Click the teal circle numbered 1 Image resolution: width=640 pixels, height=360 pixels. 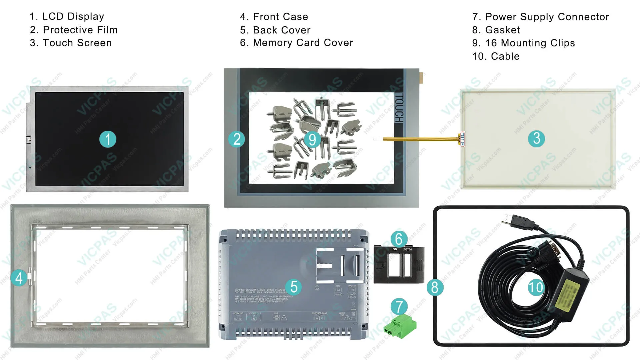pyautogui.click(x=108, y=139)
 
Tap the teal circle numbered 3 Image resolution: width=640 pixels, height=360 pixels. pyautogui.click(x=536, y=138)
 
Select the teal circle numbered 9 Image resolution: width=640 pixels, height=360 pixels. pyautogui.click(x=312, y=139)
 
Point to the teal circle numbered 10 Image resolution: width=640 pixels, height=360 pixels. pyautogui.click(x=536, y=287)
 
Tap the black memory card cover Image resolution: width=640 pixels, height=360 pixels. pyautogui.click(x=399, y=265)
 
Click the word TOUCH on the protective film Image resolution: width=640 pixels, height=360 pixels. pyautogui.click(x=399, y=108)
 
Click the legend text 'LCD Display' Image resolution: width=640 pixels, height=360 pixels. pyautogui.click(x=73, y=16)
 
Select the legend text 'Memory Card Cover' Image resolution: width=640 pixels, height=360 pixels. pyautogui.click(x=303, y=43)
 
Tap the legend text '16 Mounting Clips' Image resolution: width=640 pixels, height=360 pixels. pyautogui.click(x=530, y=43)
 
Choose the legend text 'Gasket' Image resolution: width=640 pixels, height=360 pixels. pyautogui.click(x=502, y=30)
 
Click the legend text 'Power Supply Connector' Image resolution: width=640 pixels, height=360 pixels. pyautogui.click(x=547, y=17)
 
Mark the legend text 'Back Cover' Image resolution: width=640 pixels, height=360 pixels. pyautogui.click(x=281, y=30)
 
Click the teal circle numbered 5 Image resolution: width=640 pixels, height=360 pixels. pyautogui.click(x=294, y=287)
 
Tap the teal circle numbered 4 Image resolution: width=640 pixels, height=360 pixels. pyautogui.click(x=19, y=278)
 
